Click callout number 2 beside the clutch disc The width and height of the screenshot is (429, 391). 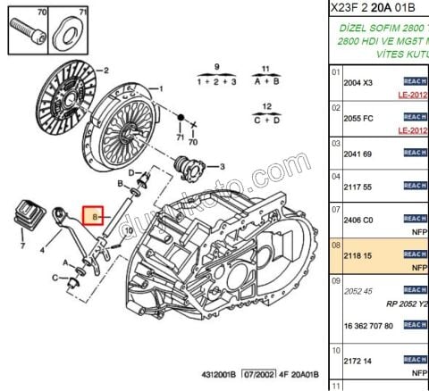106,70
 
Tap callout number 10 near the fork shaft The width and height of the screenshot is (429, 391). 129,229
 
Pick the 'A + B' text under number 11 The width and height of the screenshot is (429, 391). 265,80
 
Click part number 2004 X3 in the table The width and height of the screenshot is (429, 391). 358,82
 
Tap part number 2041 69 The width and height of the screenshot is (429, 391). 357,154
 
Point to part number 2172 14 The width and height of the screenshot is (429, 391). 357,361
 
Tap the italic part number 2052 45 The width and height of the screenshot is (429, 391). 357,290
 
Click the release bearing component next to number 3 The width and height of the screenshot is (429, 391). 190,165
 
